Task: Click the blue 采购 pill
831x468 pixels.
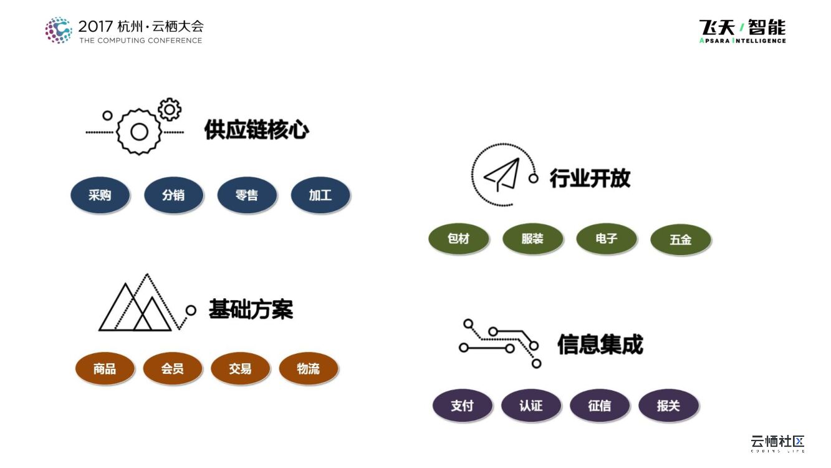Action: (100, 195)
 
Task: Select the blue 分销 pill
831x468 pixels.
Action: (173, 195)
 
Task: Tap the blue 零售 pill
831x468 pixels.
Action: (247, 195)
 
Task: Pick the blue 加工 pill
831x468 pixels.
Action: (320, 195)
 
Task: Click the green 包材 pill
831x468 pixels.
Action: (458, 239)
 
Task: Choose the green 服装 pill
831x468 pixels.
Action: (532, 239)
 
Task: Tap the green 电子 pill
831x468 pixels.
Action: (607, 239)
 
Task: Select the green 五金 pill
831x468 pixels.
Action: (680, 240)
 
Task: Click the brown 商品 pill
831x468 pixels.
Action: (105, 369)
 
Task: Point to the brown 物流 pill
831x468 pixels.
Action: (308, 369)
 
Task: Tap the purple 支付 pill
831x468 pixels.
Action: (462, 406)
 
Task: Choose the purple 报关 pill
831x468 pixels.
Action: (668, 406)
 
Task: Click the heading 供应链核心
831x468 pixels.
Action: (256, 130)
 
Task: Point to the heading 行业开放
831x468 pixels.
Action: (590, 178)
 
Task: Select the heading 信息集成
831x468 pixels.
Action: (600, 344)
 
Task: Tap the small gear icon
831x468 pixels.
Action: (169, 109)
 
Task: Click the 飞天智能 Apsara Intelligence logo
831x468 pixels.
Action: (742, 31)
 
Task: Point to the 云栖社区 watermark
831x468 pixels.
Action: (777, 442)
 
